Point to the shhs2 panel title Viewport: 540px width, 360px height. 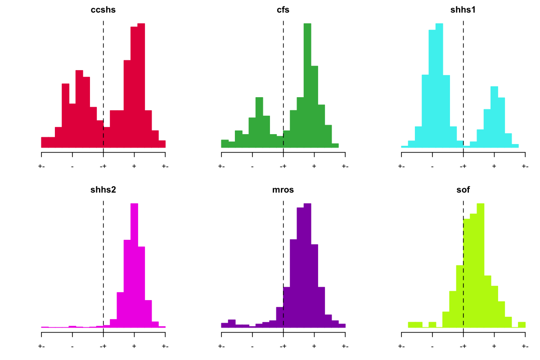tap(103, 190)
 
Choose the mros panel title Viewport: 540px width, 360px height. tap(283, 190)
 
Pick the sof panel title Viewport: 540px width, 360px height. tap(463, 190)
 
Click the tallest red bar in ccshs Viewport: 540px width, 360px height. tap(141, 85)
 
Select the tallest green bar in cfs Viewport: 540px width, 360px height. tap(307, 85)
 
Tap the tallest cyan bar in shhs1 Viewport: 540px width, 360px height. tap(439, 85)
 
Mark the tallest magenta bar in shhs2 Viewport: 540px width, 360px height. tap(135, 265)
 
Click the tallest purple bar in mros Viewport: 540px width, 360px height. tap(307, 265)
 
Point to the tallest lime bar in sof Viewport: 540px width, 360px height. tap(481, 265)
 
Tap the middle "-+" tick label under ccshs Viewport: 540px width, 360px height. tap(103, 166)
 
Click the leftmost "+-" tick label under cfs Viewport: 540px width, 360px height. tap(221, 166)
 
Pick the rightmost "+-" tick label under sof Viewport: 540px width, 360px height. tap(525, 346)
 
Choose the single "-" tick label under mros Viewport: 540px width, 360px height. tap(252, 346)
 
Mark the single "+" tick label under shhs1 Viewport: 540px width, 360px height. tap(494, 166)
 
